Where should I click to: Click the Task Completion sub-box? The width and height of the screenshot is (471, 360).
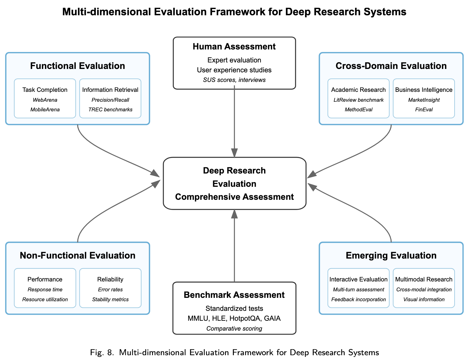[45, 98]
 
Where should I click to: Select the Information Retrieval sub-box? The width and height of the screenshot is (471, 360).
[110, 98]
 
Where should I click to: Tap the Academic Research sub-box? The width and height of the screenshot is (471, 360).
[358, 98]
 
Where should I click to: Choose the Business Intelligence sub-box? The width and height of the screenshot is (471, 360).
[424, 98]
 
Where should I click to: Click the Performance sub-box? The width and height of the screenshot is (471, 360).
[45, 288]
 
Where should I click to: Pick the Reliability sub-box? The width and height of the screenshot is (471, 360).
[110, 288]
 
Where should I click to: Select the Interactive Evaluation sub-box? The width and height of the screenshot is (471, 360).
[358, 288]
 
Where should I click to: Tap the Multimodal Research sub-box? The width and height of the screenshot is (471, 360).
[424, 288]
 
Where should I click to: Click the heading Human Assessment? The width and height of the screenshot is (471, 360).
[234, 47]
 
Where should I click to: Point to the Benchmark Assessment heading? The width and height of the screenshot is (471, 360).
[234, 295]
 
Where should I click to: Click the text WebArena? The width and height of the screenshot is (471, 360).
[45, 100]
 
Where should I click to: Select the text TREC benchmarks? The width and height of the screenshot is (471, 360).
[110, 110]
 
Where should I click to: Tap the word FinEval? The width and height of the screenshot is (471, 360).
[424, 110]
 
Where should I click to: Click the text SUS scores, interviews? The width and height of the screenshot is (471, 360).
[234, 80]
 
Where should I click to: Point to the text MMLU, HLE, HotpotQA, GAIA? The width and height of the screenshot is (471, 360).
[234, 318]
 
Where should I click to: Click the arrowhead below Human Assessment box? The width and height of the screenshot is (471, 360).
[234, 153]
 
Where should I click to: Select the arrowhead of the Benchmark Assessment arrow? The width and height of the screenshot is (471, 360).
[234, 214]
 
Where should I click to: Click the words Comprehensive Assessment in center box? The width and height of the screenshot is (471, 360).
[234, 197]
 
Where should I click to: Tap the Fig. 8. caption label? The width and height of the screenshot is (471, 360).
[102, 352]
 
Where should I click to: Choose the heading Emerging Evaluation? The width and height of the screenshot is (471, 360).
[391, 255]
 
